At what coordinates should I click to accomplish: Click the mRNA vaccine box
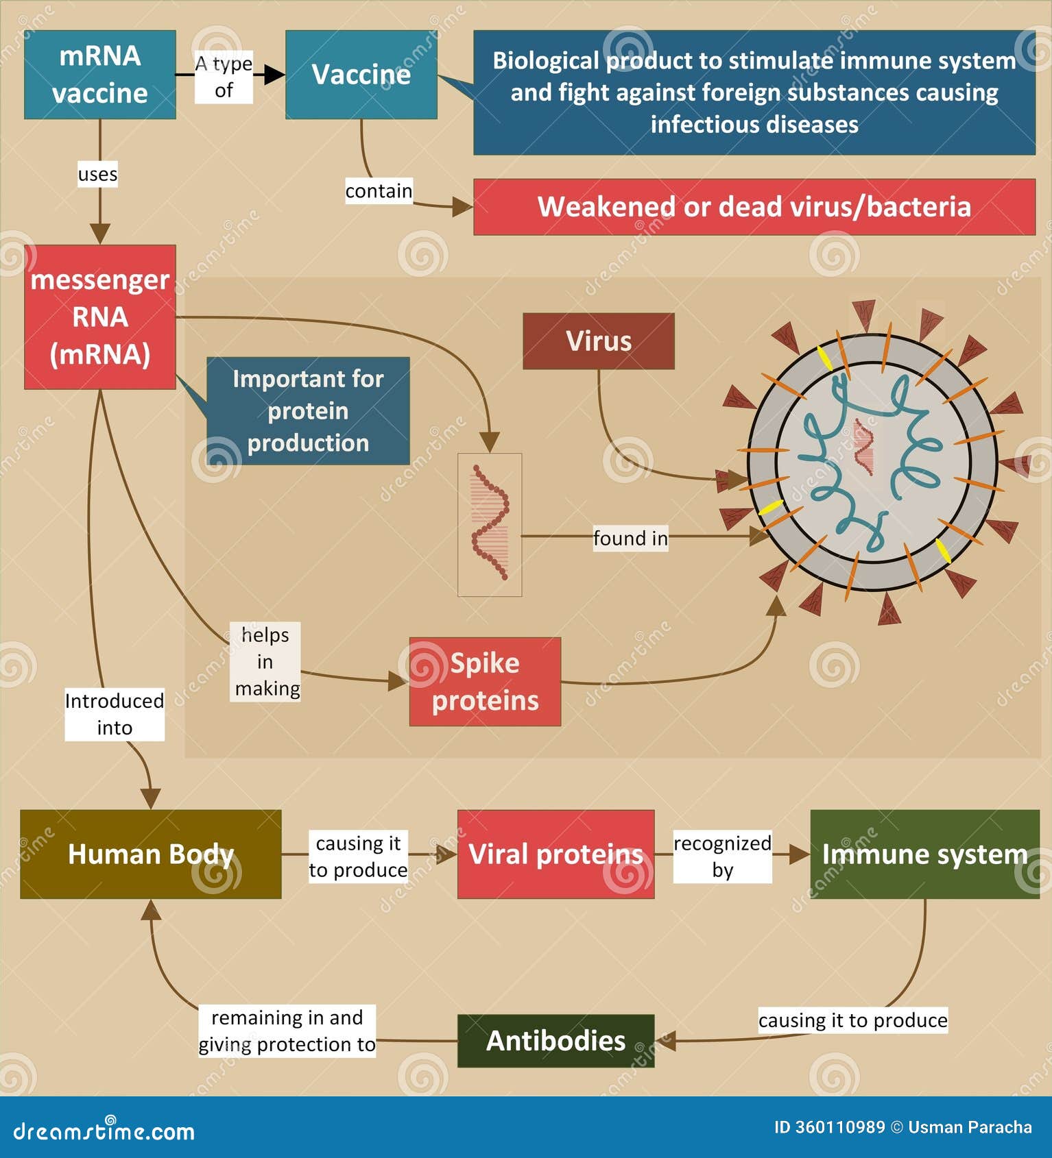100,75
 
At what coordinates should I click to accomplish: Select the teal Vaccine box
361,75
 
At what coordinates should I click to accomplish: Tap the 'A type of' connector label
224,77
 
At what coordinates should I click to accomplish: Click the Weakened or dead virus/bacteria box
754,207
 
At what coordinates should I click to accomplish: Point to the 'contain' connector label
379,190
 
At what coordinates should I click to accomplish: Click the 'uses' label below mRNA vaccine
97,174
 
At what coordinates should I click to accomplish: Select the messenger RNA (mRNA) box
100,317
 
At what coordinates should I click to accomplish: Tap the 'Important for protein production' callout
308,411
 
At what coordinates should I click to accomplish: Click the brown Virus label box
598,341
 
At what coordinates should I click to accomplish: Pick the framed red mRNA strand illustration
490,524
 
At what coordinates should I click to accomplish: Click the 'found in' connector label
630,539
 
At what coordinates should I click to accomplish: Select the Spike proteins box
485,682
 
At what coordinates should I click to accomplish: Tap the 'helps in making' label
265,661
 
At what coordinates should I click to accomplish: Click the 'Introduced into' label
115,715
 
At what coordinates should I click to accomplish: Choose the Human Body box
151,854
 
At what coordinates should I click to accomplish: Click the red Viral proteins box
555,854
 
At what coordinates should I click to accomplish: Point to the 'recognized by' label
722,857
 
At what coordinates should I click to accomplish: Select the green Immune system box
924,854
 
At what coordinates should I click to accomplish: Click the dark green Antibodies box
555,1041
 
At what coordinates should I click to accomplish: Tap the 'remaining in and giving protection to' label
287,1031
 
